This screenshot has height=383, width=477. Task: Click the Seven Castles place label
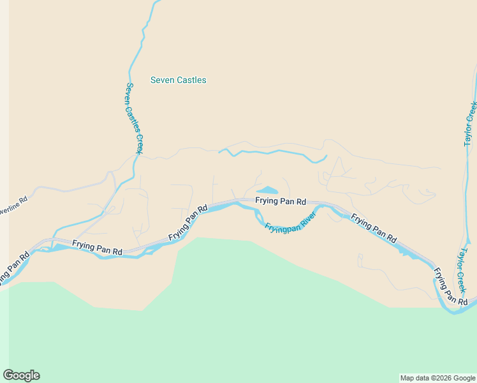click(x=178, y=80)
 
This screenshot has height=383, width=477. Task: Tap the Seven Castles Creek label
click(x=134, y=118)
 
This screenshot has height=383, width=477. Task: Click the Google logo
click(x=21, y=375)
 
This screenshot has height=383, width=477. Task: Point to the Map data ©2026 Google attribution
click(x=437, y=378)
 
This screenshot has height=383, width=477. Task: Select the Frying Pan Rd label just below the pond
click(x=281, y=201)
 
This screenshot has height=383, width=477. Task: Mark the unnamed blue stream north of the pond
click(x=274, y=153)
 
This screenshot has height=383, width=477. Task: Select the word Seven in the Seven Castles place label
click(x=161, y=80)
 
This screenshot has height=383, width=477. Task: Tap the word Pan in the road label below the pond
click(x=286, y=201)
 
